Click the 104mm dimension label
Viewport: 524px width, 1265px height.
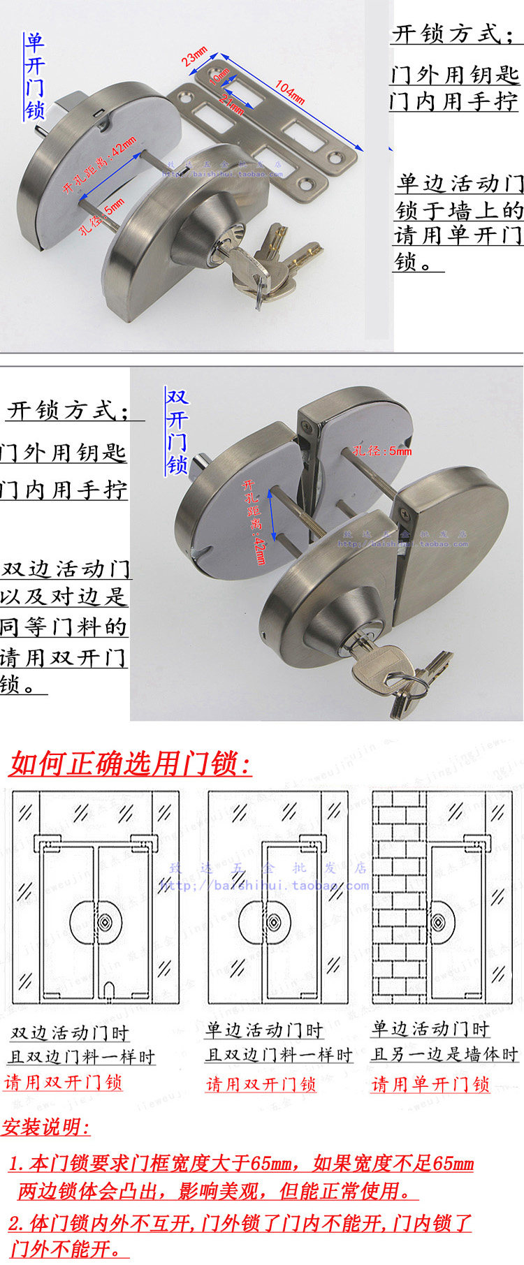pyautogui.click(x=289, y=92)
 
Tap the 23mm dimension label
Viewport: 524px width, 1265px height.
pyautogui.click(x=194, y=55)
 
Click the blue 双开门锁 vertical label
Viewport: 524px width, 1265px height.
pyautogui.click(x=177, y=431)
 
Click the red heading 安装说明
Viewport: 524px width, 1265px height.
pyautogui.click(x=46, y=1127)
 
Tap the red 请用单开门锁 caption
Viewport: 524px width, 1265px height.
pyautogui.click(x=430, y=1084)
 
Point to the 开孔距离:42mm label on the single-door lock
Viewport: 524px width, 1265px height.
pyautogui.click(x=99, y=168)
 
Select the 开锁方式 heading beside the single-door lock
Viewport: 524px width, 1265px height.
pyautogui.click(x=454, y=34)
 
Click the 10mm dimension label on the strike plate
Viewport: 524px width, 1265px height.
pyautogui.click(x=219, y=75)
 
